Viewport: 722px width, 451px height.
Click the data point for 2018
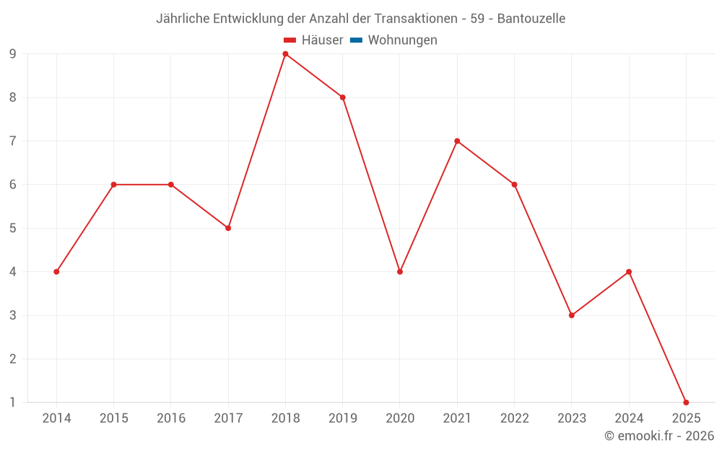click(x=285, y=54)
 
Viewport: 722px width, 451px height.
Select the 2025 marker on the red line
click(x=686, y=403)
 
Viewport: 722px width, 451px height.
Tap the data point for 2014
click(x=56, y=272)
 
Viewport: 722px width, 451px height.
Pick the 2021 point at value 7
click(x=457, y=141)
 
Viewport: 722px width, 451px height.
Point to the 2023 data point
click(x=572, y=315)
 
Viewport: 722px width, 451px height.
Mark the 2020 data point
click(x=400, y=272)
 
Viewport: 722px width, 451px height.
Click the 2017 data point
click(x=228, y=228)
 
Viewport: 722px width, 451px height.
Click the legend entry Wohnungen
click(x=402, y=40)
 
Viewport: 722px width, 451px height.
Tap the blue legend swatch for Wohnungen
click(x=356, y=40)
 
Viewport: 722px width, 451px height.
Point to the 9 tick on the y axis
click(x=13, y=54)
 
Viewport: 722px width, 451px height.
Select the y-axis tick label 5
click(x=13, y=228)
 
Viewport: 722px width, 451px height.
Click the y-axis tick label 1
click(x=13, y=403)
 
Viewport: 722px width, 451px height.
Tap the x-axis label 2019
click(x=343, y=419)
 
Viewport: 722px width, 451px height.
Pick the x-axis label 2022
click(x=515, y=419)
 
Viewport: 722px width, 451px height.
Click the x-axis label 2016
click(x=171, y=419)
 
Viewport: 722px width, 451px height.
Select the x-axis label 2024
click(x=629, y=419)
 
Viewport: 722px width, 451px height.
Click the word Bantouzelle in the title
click(x=531, y=19)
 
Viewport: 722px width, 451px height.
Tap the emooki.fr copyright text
click(x=659, y=436)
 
